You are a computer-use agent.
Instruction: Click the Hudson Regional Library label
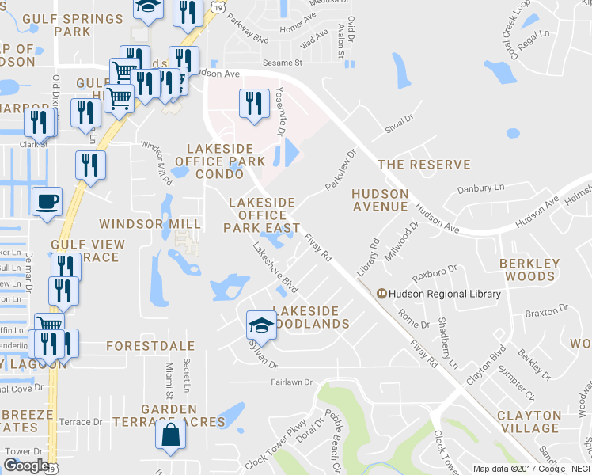[x=445, y=294]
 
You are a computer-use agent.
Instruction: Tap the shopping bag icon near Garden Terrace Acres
[x=171, y=435]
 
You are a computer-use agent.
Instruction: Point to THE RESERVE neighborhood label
[x=423, y=165]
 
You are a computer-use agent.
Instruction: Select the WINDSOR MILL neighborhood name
[x=150, y=225]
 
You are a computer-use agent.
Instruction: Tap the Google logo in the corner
[x=26, y=465]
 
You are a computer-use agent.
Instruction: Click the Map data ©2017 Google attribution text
[x=522, y=469]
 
